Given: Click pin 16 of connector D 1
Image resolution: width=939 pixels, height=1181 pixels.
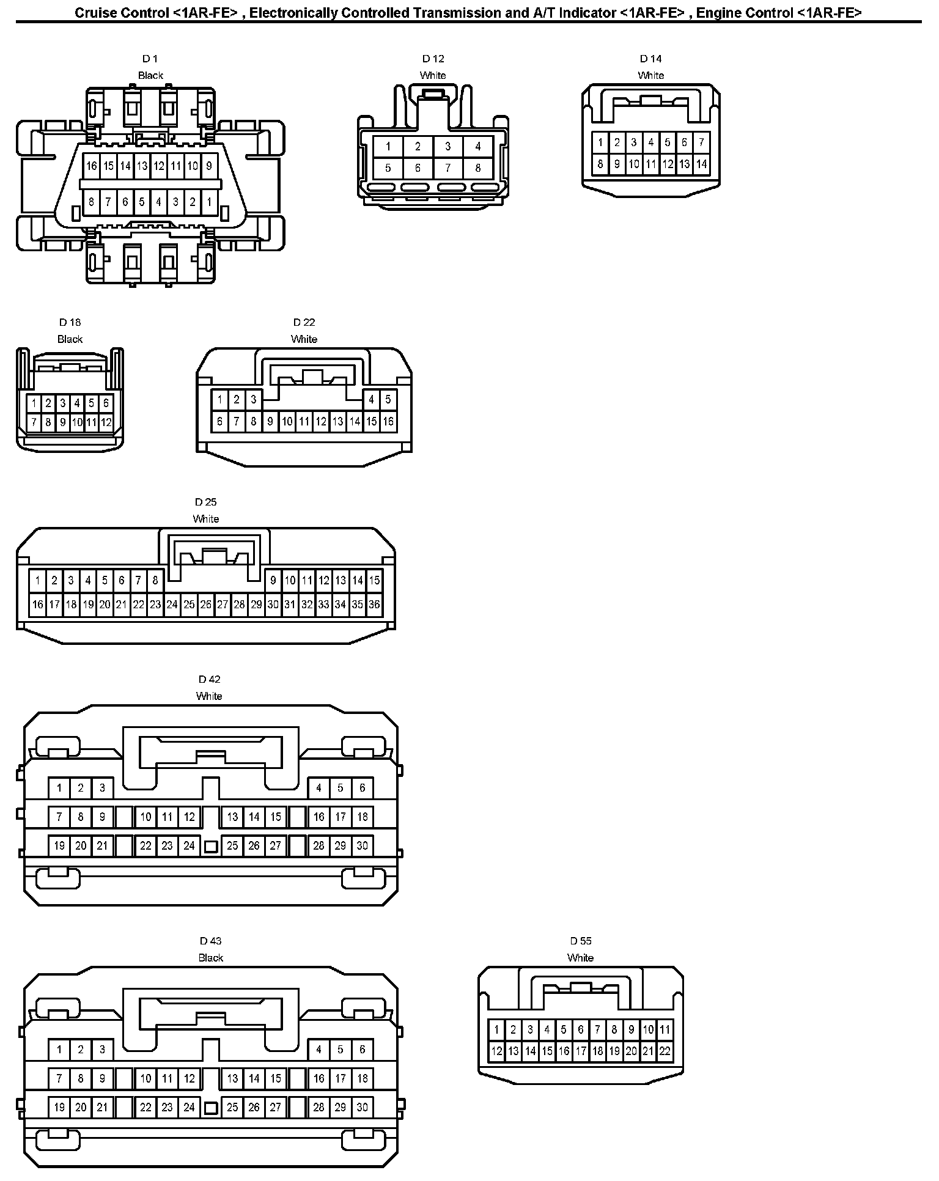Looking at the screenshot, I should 91,166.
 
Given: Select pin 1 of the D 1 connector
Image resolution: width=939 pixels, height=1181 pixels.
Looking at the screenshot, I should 209,202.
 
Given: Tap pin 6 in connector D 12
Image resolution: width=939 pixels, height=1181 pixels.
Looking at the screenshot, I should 418,168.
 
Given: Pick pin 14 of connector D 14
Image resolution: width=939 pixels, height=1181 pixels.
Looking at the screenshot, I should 701,164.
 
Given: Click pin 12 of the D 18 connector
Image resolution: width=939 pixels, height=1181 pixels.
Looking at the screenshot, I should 106,422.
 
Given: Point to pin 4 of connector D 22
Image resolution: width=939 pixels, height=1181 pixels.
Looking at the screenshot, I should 371,400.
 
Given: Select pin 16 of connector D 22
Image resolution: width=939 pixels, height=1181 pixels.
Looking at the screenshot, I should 388,421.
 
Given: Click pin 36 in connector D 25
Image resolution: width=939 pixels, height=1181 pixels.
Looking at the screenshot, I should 374,605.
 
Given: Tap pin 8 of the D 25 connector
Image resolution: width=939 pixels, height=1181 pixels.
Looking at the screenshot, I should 155,580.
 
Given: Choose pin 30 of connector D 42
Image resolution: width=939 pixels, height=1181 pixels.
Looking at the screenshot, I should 362,845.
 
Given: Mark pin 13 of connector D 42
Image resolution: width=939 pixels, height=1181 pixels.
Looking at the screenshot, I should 232,817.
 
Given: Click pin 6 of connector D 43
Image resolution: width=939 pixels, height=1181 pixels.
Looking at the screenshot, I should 362,1050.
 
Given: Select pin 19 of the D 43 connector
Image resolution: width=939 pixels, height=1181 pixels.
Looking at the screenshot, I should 59,1107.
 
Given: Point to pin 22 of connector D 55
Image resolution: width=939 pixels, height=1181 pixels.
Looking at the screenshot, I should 665,1051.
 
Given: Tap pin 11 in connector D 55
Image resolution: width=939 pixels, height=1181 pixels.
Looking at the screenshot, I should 665,1029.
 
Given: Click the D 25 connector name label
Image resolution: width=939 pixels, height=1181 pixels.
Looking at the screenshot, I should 206,502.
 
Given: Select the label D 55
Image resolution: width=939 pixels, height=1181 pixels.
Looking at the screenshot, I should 581,941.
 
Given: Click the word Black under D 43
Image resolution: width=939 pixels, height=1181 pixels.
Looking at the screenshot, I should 210,958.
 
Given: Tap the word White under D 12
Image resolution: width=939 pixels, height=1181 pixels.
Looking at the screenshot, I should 433,75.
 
